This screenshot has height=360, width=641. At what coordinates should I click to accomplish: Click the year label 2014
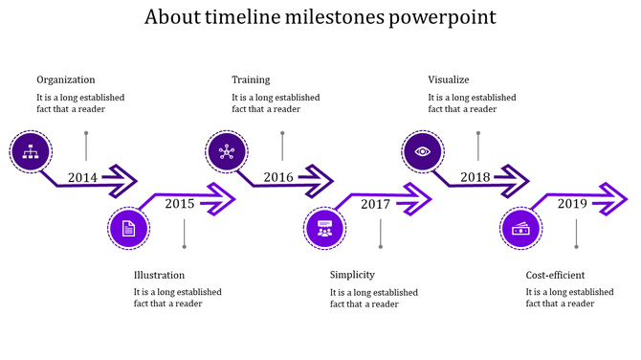(82, 177)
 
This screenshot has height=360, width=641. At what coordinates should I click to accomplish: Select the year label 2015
(179, 203)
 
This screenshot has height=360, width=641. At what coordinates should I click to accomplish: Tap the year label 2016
(278, 177)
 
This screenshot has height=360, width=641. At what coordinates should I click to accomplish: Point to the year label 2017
(375, 203)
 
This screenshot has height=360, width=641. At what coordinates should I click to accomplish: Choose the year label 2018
(475, 177)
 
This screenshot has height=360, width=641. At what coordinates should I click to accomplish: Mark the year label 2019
(572, 203)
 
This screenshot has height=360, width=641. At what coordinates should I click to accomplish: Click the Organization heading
(65, 79)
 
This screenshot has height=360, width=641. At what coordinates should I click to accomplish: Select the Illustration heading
(159, 275)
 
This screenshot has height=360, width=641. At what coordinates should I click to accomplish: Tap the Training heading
(251, 79)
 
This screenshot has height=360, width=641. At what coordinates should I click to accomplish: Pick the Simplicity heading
(351, 275)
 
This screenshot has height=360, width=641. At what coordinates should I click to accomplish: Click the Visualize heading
(448, 79)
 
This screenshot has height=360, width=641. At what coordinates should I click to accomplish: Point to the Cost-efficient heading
(555, 275)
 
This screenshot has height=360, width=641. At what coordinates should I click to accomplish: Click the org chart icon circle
(31, 150)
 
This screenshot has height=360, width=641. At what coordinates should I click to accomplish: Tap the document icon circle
(128, 228)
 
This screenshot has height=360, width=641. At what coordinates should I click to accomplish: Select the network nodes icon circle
(227, 150)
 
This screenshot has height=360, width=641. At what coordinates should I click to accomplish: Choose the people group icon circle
(324, 228)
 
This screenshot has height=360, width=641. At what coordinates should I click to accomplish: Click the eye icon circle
(422, 150)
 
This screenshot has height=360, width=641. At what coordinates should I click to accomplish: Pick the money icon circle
(521, 228)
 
